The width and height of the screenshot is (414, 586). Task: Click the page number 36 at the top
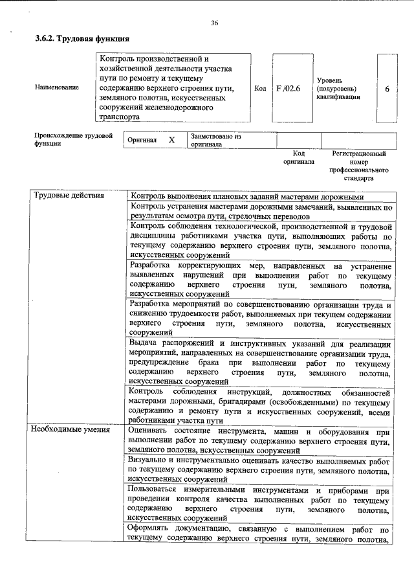coord(214,23)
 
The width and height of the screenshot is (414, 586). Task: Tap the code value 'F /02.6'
coord(289,88)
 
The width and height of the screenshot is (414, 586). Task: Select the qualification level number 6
coord(387,88)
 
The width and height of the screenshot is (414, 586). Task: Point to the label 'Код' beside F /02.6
coord(260,88)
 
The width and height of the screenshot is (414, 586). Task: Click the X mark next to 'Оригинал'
coord(171,141)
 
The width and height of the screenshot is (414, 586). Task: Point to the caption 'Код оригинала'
coord(298,157)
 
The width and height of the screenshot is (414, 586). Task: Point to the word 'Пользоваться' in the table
coord(152,489)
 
